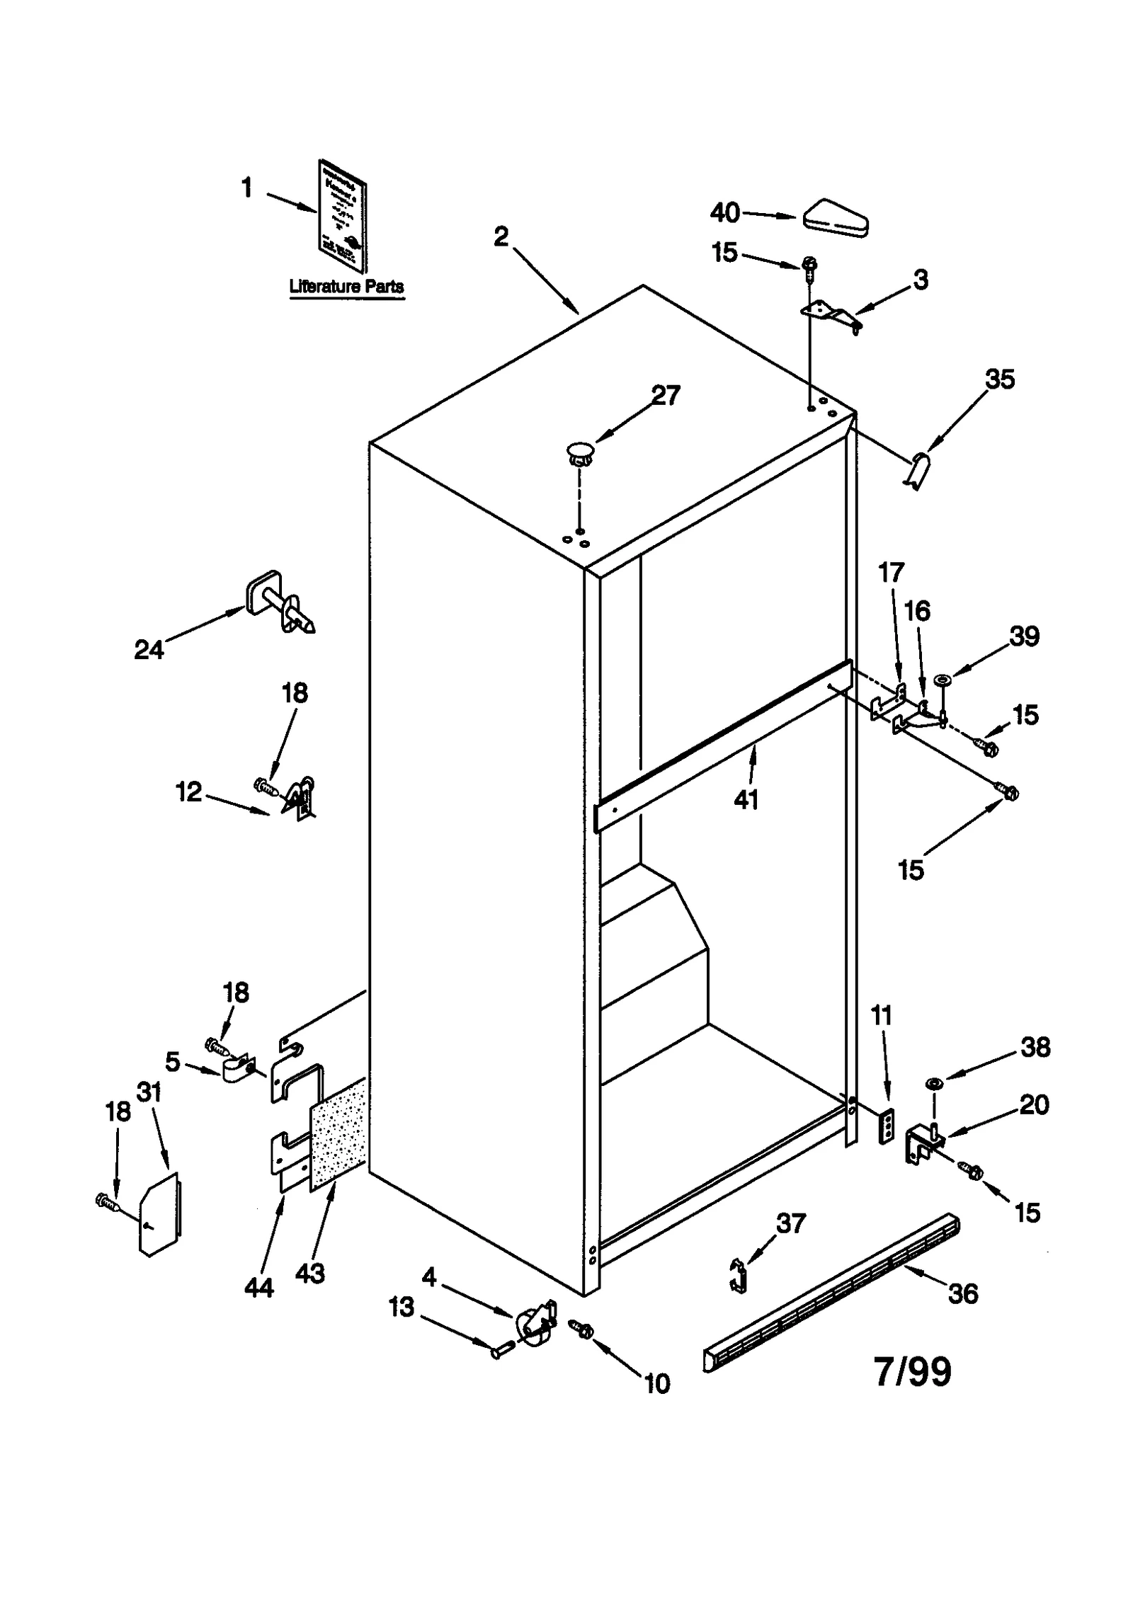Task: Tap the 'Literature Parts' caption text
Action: pos(346,287)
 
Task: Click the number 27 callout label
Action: pos(665,395)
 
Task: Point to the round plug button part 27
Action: pos(580,451)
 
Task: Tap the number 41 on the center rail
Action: pos(746,800)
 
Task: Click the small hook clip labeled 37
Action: pos(739,1274)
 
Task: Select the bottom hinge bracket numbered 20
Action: pos(922,1141)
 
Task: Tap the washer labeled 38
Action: pos(933,1084)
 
